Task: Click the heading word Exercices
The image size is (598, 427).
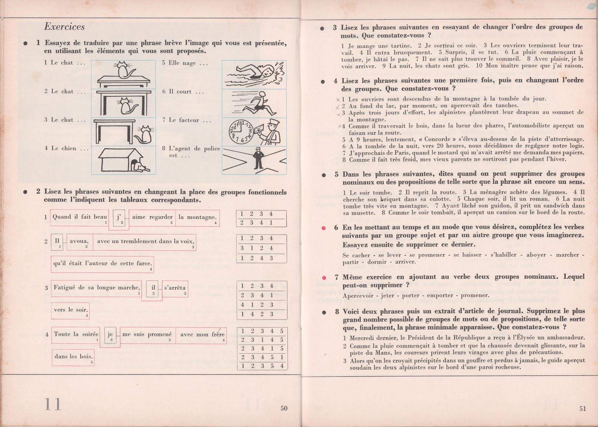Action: [x=64, y=27]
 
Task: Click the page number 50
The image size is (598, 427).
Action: [x=284, y=408]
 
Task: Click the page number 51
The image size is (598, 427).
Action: [x=583, y=408]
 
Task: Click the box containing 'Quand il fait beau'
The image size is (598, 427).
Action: [x=80, y=217]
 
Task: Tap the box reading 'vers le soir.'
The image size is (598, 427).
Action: [x=70, y=310]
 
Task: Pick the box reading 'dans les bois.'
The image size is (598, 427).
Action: [x=73, y=357]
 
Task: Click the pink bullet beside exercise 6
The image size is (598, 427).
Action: [x=324, y=228]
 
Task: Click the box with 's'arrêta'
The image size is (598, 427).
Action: [x=175, y=288]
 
